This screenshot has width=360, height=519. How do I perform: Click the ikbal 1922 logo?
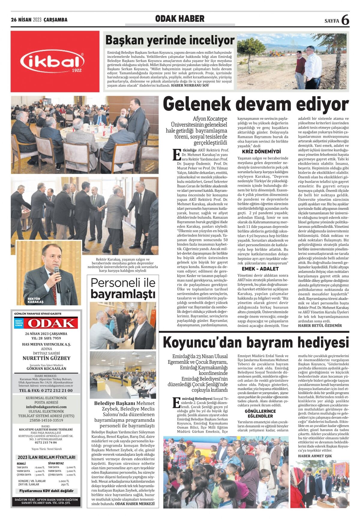(x=55, y=62)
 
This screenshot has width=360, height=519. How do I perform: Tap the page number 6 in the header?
(x=345, y=20)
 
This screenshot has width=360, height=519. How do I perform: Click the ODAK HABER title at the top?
(x=180, y=19)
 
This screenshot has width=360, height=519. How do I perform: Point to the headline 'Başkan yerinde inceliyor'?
(x=170, y=40)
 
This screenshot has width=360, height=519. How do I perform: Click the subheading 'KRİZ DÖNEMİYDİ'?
(x=261, y=152)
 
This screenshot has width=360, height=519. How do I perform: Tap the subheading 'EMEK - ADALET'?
(x=260, y=269)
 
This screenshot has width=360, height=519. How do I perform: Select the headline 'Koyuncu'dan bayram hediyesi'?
(x=256, y=342)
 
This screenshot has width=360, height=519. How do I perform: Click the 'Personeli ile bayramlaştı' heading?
(x=123, y=288)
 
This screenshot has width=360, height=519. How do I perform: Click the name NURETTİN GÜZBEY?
(x=46, y=358)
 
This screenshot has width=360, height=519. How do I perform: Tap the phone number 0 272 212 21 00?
(x=46, y=391)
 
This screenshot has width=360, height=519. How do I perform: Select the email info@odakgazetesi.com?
(x=46, y=407)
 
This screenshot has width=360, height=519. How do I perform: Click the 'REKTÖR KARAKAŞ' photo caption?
(x=35, y=300)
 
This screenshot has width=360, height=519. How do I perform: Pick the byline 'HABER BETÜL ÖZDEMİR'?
(x=320, y=325)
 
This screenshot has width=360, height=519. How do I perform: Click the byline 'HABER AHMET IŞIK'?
(x=315, y=456)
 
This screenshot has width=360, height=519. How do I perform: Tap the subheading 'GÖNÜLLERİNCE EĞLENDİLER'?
(x=260, y=414)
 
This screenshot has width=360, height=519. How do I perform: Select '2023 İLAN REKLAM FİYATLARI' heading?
(x=46, y=457)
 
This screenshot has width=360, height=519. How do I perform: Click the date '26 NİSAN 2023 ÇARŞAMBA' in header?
(x=39, y=20)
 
